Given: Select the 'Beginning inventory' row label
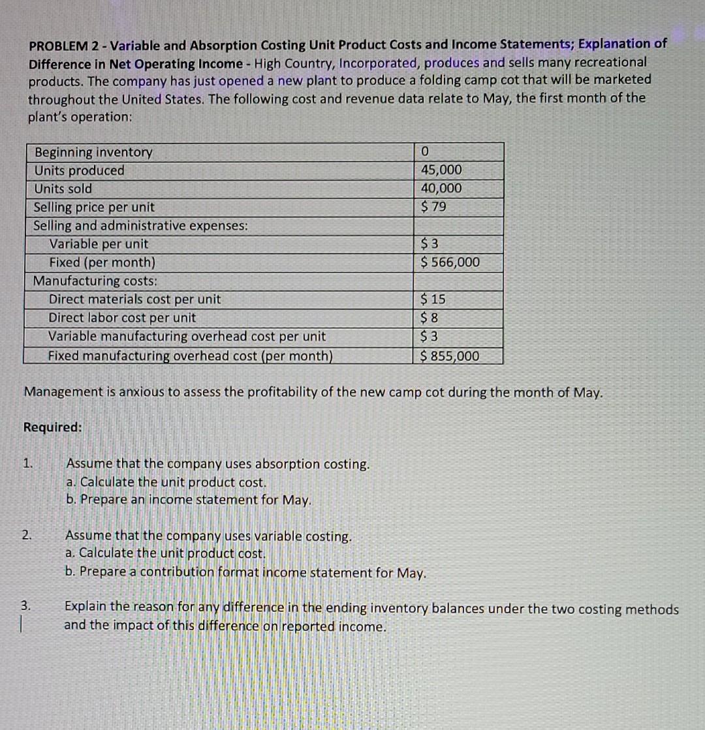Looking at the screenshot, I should click(93, 153).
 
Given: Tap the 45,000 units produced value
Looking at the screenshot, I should click(441, 170).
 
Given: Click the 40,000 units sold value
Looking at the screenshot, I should click(441, 189).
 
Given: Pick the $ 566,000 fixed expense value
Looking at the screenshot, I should click(450, 262).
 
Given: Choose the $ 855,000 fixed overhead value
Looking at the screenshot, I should click(450, 356).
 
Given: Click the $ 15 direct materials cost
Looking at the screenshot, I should click(433, 299).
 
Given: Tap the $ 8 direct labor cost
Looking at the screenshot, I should click(430, 318).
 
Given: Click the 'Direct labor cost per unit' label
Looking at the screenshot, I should click(122, 318).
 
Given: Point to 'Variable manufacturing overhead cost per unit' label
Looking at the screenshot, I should click(187, 337).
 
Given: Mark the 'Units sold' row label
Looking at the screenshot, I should click(63, 189).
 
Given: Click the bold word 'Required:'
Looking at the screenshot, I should click(53, 427).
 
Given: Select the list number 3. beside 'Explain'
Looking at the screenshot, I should click(25, 606).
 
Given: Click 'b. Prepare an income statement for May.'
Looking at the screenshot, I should click(189, 500).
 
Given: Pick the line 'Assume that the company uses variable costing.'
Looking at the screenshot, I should click(208, 536).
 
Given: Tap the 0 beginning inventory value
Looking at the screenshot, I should click(425, 152).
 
